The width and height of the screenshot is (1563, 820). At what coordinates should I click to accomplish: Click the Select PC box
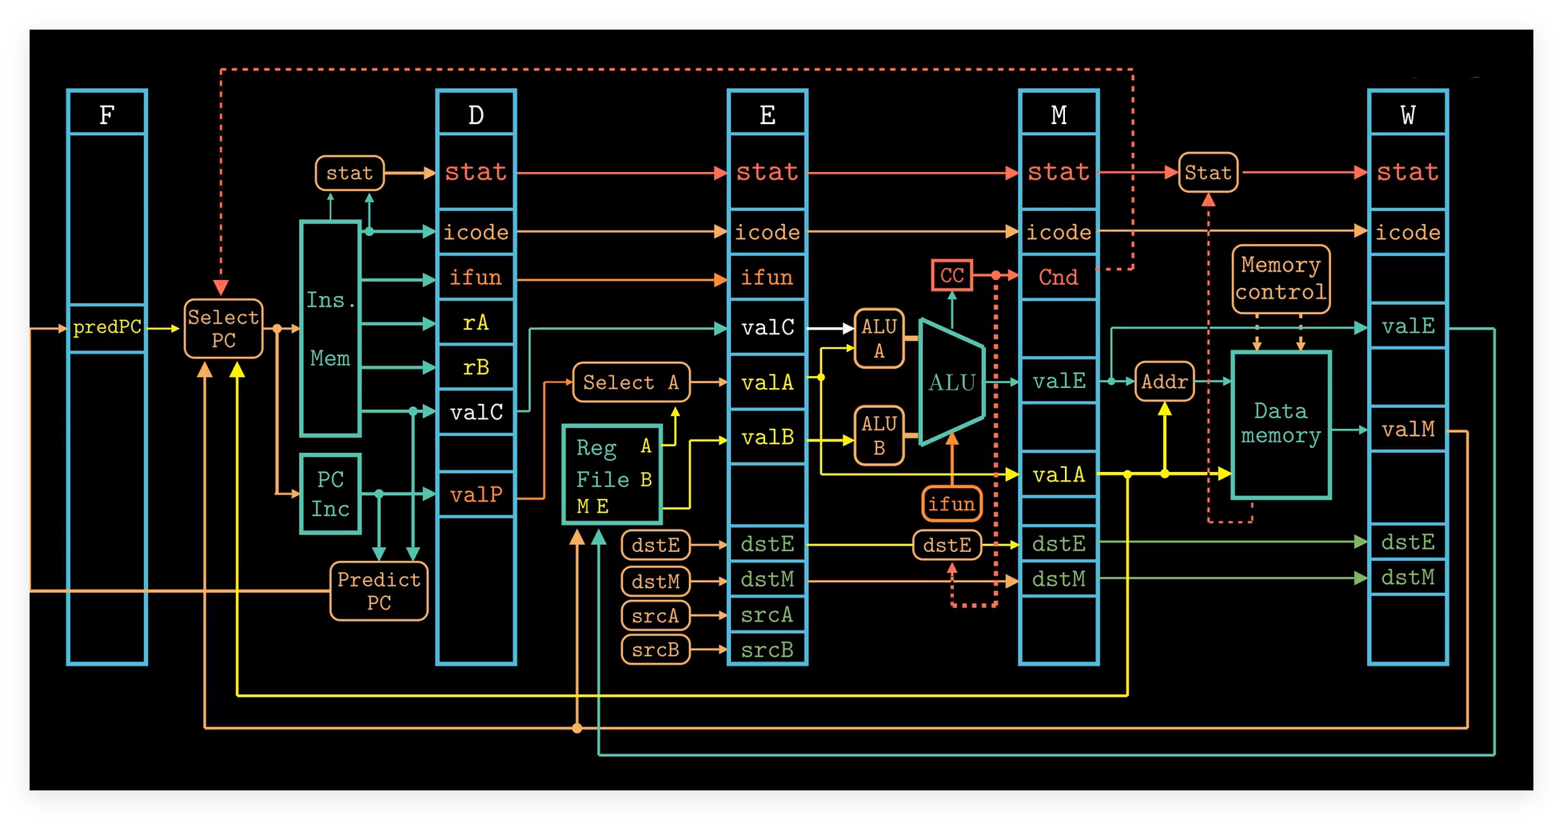point(223,329)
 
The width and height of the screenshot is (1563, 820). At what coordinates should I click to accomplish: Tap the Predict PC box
point(378,591)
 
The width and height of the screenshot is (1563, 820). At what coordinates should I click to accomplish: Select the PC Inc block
point(330,494)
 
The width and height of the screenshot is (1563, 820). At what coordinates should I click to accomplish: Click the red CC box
point(951,276)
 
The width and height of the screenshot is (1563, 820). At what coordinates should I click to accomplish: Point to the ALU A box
point(879,338)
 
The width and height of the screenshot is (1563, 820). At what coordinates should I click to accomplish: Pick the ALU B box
point(879,436)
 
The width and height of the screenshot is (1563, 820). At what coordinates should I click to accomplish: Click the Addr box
point(1164,382)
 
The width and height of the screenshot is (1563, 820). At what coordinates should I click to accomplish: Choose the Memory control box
point(1281,279)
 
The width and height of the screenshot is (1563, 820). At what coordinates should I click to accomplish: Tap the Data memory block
point(1281,425)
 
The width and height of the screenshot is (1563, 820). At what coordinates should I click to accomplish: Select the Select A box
point(631,383)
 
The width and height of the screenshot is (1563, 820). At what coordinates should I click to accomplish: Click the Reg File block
point(612,475)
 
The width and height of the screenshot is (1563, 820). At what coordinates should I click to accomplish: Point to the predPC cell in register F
point(107,328)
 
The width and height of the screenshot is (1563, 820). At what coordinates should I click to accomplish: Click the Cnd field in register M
point(1059,278)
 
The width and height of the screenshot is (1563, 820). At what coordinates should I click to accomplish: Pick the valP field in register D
point(476,495)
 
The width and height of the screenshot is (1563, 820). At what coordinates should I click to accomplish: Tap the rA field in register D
point(476,323)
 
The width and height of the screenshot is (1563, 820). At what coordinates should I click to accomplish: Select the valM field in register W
point(1408,430)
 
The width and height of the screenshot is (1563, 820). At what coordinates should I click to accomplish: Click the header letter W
point(1408,115)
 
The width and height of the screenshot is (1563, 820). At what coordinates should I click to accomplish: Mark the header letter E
point(767,115)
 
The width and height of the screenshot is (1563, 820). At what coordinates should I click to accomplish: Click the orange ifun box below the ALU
point(951,504)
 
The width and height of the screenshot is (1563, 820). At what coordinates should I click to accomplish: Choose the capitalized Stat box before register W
point(1208,173)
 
